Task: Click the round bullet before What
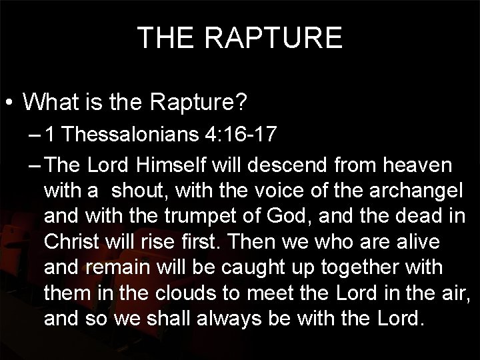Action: [9, 104]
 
